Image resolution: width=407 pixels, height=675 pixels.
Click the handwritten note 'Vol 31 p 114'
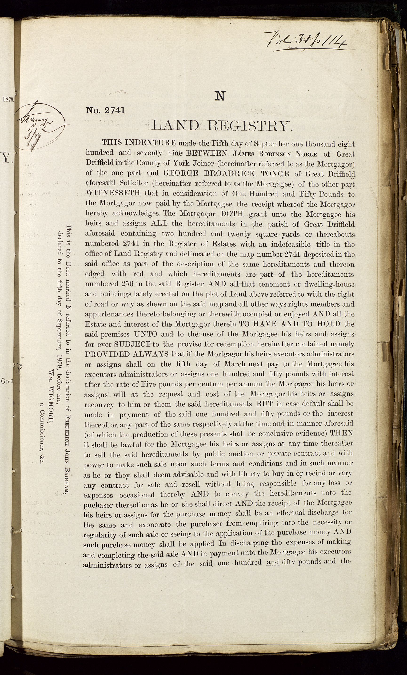pyautogui.click(x=304, y=41)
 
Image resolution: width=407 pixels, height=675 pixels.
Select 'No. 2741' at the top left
pyautogui.click(x=106, y=110)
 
